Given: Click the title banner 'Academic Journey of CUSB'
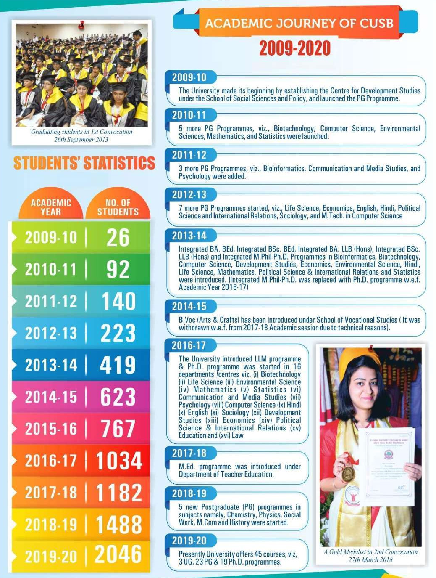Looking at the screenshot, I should pos(299,23).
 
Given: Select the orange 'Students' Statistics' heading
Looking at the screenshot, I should pos(84,163).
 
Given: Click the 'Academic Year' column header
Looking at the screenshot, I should pos(51,207).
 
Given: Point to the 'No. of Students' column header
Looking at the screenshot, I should pos(118,207).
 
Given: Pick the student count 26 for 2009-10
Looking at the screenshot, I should pos(118,238).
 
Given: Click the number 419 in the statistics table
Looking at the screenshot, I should pos(118,365).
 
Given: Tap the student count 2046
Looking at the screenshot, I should pos(118,554).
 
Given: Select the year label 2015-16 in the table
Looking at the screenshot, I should pos(51,429).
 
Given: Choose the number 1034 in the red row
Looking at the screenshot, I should pos(119,461).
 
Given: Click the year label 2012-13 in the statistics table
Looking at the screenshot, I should pos(51,333).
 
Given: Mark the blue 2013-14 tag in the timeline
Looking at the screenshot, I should pos(189,236).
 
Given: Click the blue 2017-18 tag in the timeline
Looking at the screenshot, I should pos(189,453).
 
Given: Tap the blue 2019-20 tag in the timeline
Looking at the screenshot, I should pos(189,541).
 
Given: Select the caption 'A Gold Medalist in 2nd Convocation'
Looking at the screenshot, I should pos(370,552).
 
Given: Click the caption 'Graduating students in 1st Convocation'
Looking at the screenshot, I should pos(81,132).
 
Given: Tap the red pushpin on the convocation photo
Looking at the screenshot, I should pos(81,25).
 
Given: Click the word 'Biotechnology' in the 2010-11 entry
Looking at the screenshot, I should pos(294,129).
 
